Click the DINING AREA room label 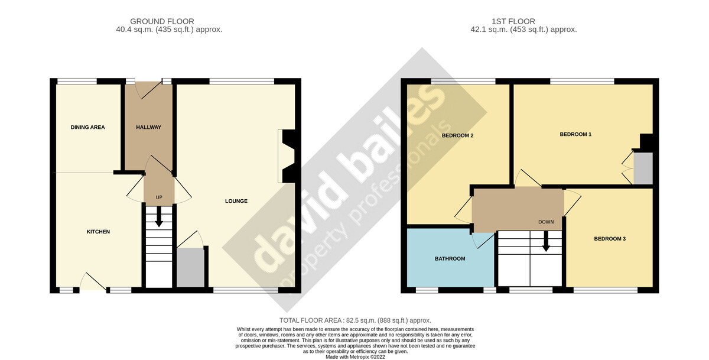[87, 127]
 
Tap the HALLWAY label [149, 127]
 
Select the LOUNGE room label [236, 201]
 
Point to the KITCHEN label [98, 232]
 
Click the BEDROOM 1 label [575, 134]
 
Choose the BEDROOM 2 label [458, 135]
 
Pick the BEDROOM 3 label [610, 239]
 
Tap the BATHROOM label [450, 258]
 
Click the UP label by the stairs [159, 197]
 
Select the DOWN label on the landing [546, 222]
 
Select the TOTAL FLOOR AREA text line [354, 320]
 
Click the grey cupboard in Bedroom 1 [643, 168]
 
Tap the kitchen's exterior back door [93, 283]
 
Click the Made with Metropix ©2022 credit [354, 356]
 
